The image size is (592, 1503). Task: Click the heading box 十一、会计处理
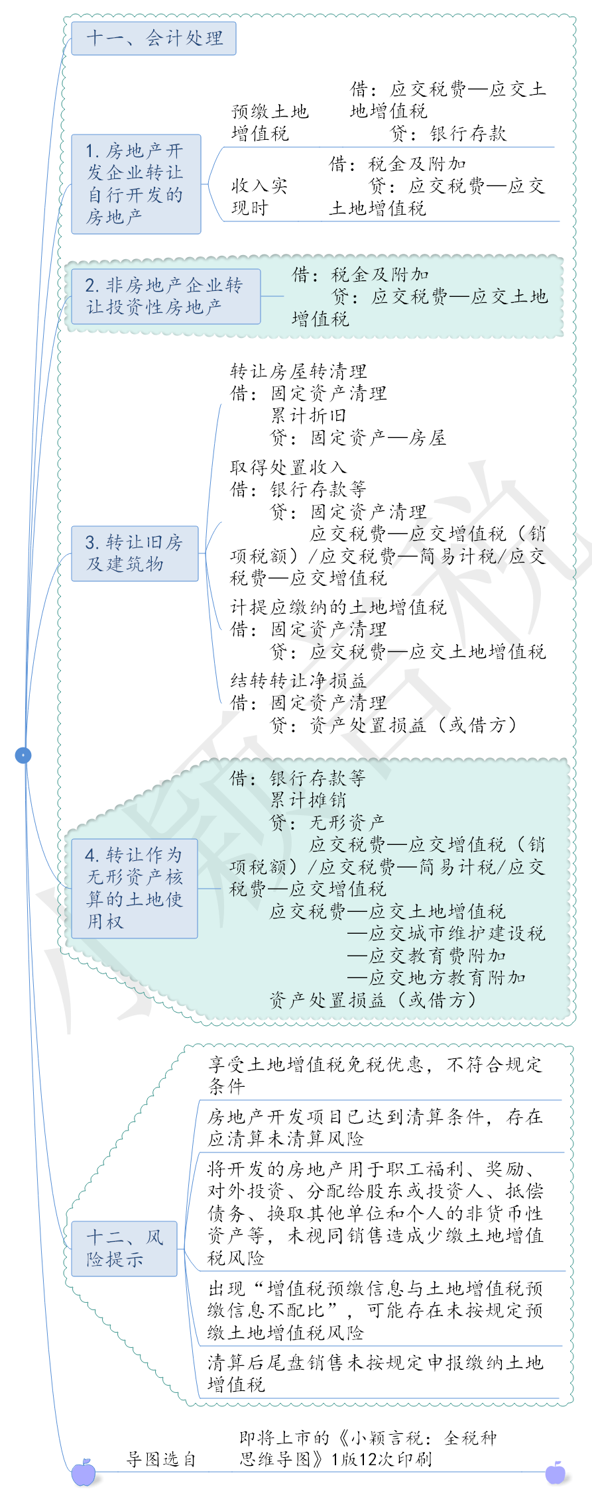153,38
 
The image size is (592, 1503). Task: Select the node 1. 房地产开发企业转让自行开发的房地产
136,184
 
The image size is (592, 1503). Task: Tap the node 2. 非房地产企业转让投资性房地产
166,296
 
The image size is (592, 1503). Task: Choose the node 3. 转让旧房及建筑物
135,553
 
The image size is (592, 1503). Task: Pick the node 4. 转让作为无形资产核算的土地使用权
135,888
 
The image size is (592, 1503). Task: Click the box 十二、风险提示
124,1249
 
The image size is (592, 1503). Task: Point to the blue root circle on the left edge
23,755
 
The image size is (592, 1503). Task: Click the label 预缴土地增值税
270,123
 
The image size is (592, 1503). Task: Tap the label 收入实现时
259,197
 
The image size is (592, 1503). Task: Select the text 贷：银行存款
448,134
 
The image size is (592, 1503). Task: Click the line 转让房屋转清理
298,371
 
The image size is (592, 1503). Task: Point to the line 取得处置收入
288,467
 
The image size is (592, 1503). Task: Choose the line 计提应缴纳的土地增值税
338,607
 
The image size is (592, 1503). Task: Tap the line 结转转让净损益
298,681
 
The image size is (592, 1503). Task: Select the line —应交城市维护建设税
446,933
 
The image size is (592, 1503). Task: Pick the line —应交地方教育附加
436,977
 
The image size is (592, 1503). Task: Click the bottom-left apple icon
84,1473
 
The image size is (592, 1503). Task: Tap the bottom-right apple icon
556,1473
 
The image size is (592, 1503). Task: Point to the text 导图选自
161,1459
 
